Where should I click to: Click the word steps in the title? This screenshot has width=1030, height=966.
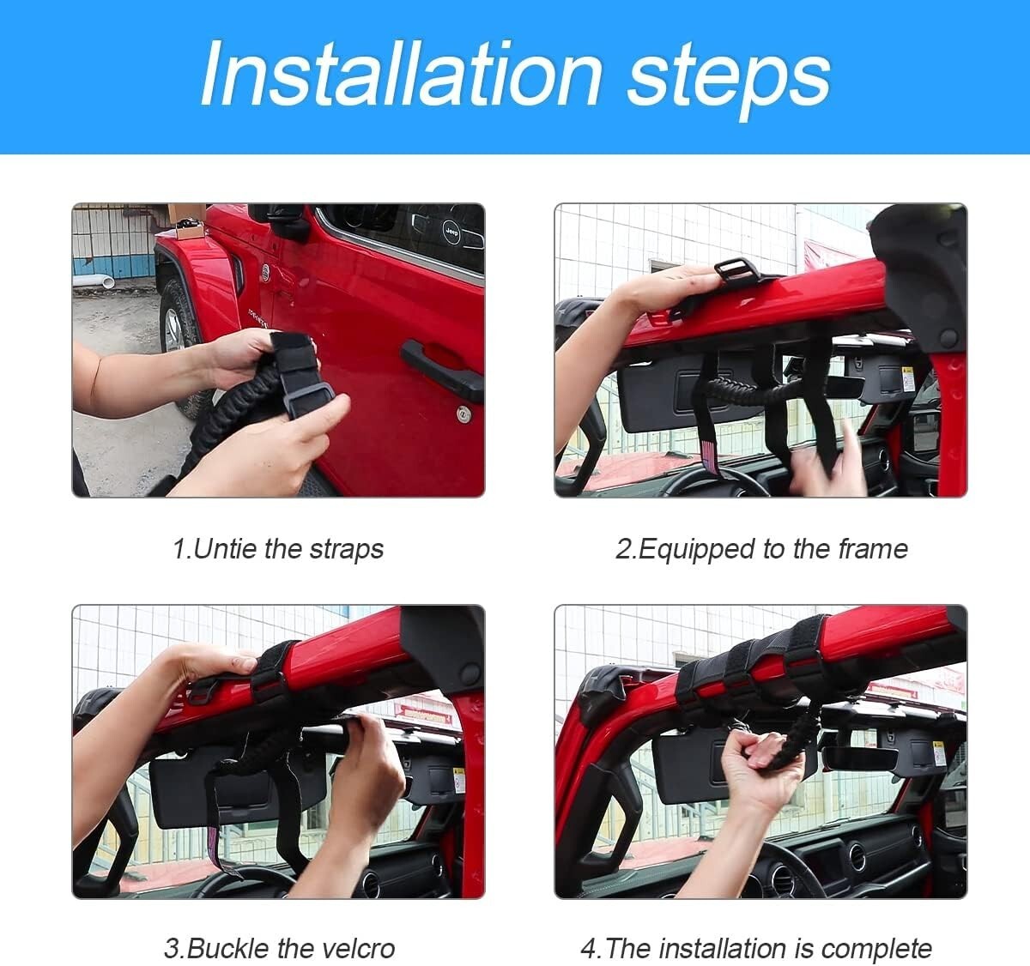[x=729, y=81]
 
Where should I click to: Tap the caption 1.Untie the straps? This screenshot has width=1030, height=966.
[x=278, y=549]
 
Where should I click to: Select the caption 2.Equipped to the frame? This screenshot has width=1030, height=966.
[x=761, y=549]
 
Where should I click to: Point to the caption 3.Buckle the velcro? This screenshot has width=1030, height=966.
[x=279, y=949]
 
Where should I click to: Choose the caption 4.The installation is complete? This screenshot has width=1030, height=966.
[x=756, y=949]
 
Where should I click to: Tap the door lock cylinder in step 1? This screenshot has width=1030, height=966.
[x=463, y=414]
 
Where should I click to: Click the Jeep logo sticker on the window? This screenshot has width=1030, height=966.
[x=451, y=231]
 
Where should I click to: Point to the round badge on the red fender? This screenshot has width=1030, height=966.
[x=265, y=272]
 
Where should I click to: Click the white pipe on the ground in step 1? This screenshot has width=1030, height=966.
[x=94, y=281]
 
